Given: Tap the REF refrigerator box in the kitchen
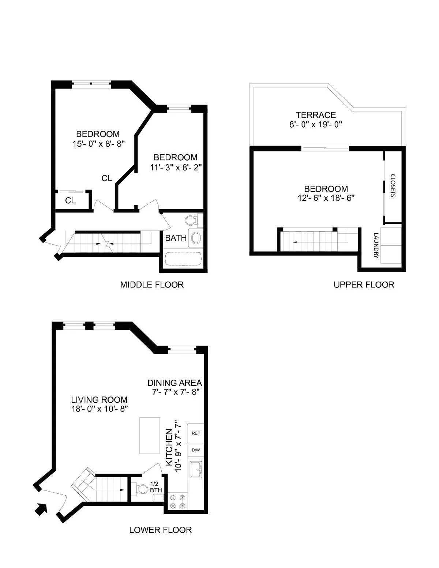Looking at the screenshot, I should click(196, 433).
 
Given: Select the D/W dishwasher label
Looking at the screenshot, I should click(196, 450).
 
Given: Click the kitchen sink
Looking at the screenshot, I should click(196, 469).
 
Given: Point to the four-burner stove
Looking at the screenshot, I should click(177, 501).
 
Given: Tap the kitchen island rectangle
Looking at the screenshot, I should click(149, 436).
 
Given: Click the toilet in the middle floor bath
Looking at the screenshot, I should click(191, 220).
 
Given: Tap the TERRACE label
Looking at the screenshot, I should click(316, 115).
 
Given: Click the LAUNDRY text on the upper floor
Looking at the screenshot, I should click(376, 245).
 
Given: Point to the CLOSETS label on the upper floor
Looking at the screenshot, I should click(393, 185).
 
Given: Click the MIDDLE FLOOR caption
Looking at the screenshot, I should click(152, 285).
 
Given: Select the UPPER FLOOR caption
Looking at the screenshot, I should click(364, 285).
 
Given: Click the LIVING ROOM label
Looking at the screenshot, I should click(99, 400).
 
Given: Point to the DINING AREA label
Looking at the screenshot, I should click(175, 383).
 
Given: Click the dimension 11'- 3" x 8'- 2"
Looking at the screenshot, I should click(176, 167).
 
